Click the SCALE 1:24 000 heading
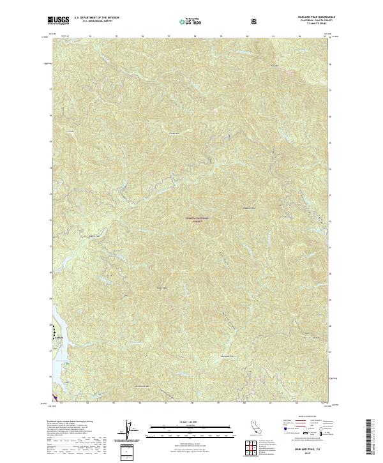tap(182, 421)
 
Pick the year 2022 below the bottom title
tap(310, 437)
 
